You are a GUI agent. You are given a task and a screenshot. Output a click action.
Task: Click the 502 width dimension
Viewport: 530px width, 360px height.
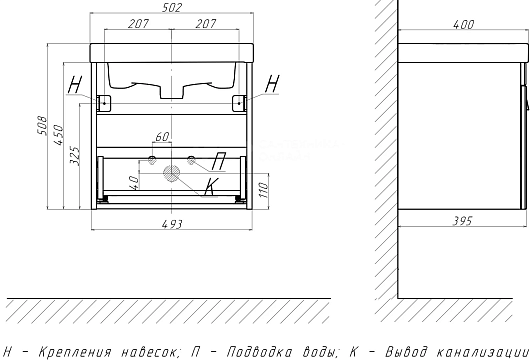tap(172, 7)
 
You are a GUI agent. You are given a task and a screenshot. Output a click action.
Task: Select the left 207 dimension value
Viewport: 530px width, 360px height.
tap(138, 24)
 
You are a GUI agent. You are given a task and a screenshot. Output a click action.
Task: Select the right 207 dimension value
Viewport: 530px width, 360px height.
tap(206, 24)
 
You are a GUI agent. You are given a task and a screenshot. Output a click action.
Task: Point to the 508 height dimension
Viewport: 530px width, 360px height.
tap(42, 126)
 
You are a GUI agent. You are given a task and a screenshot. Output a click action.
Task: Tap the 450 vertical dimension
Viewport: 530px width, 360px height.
tap(58, 135)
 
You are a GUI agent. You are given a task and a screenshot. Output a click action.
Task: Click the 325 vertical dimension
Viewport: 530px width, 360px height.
tap(75, 156)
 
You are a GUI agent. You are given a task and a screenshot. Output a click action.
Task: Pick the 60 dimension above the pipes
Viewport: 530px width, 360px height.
tap(162, 137)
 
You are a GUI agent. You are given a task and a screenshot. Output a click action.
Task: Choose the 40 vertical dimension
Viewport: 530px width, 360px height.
tap(134, 183)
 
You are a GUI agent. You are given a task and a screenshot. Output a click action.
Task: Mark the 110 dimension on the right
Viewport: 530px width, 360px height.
tap(263, 190)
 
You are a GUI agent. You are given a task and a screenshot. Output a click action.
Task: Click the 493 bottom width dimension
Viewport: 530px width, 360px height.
tap(172, 224)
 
